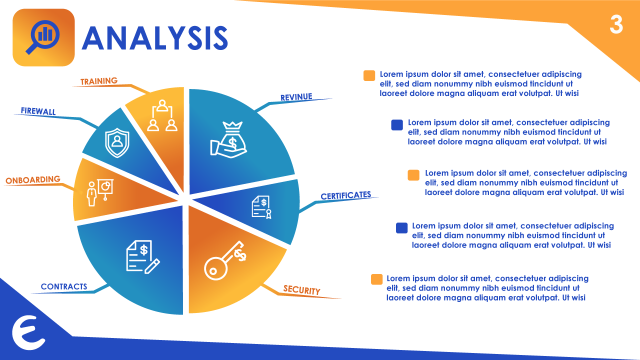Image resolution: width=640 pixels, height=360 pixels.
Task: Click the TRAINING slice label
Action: tap(99, 81)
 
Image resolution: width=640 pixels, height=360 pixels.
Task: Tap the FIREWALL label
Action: tap(38, 111)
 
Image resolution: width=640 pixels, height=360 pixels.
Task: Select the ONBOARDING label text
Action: tap(33, 179)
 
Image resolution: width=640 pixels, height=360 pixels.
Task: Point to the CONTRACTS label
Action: tap(64, 286)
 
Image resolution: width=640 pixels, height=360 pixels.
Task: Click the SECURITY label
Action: tap(301, 290)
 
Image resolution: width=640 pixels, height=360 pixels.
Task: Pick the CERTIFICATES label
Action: tap(345, 195)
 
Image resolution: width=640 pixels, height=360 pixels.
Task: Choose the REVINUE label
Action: tap(296, 97)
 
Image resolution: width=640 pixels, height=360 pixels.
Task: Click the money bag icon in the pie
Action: tap(228, 139)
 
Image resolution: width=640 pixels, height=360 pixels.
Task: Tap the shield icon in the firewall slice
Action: tap(117, 142)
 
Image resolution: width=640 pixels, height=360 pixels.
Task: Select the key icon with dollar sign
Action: tap(225, 260)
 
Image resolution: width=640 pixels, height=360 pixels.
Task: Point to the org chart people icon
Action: tap(162, 115)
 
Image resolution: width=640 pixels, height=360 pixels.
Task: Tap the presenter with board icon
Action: tap(100, 192)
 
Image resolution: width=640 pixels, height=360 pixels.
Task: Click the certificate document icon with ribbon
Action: tap(261, 207)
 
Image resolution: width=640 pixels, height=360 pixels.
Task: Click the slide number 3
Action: tap(616, 25)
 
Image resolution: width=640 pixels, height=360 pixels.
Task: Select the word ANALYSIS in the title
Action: tap(155, 38)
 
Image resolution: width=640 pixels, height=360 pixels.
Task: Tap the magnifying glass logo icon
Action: tap(43, 37)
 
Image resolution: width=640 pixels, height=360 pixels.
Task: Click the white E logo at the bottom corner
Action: tap(28, 332)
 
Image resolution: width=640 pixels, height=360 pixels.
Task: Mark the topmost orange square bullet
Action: tap(369, 75)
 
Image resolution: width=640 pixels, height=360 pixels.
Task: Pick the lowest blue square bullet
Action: tap(401, 228)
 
